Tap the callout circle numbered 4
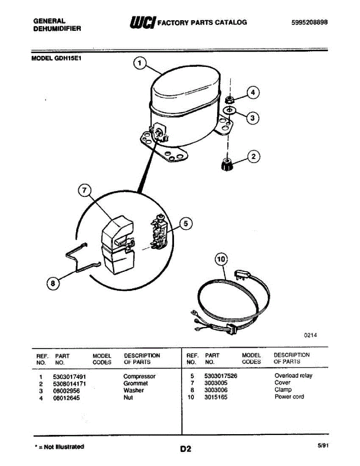click(x=253, y=93)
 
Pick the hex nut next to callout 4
click(x=230, y=99)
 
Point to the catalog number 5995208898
click(x=310, y=23)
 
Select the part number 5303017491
click(x=69, y=376)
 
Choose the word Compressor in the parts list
click(x=139, y=376)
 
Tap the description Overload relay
click(x=293, y=376)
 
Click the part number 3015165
click(x=216, y=397)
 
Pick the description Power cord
click(x=289, y=396)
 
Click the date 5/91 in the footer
click(x=323, y=446)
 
